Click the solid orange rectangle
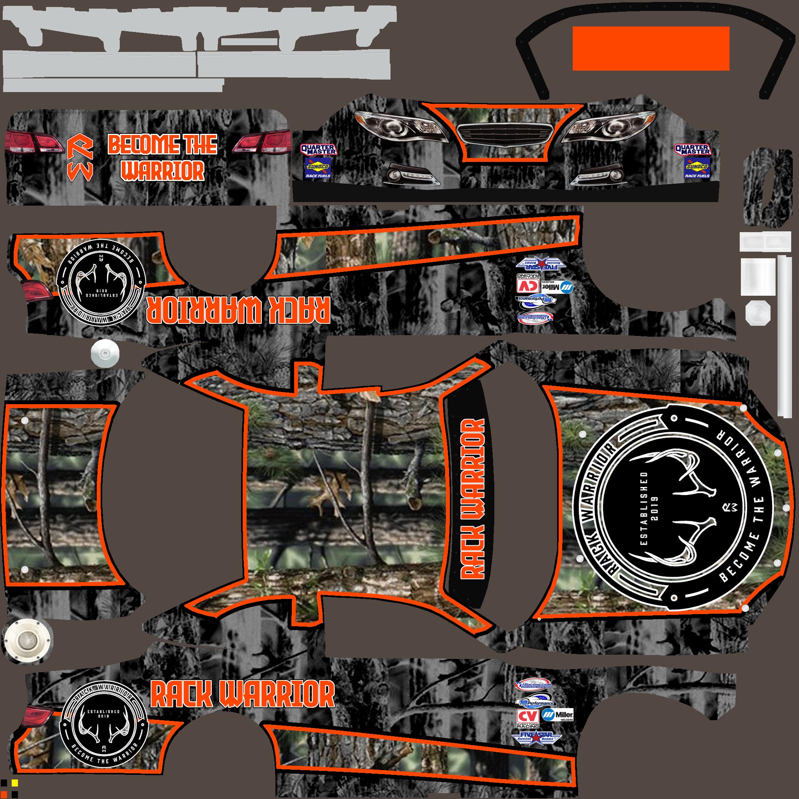tap(650, 48)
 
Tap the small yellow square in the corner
tap(14, 783)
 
